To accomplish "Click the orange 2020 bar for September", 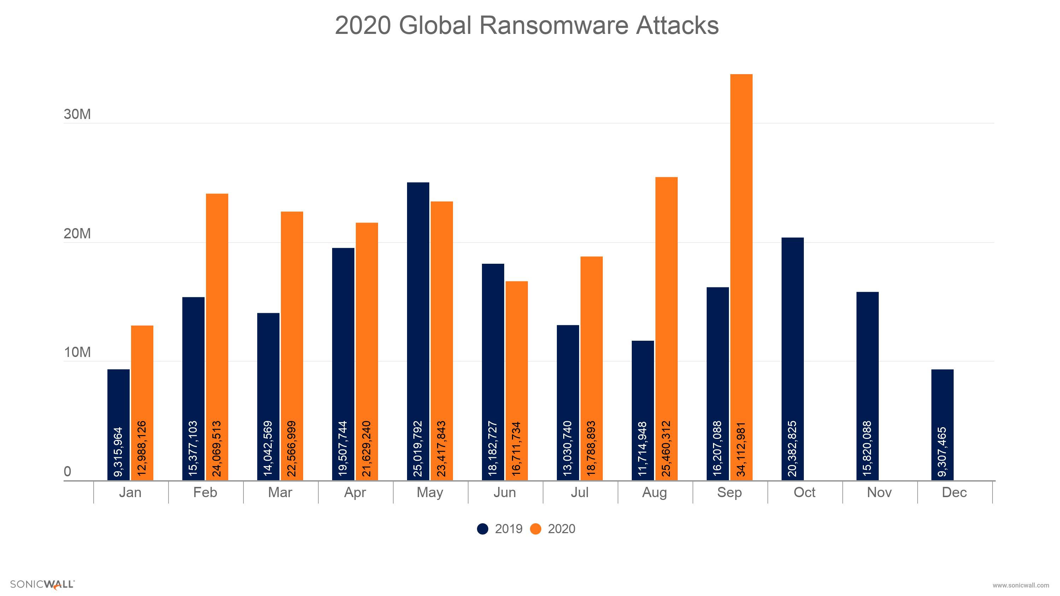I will click(741, 247).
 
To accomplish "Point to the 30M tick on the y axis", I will click(77, 114).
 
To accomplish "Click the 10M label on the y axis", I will click(77, 352).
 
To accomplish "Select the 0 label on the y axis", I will click(67, 471).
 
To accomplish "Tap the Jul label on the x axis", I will click(579, 492).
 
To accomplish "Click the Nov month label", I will click(879, 492).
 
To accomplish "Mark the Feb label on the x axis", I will click(205, 492).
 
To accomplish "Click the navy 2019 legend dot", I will click(482, 529).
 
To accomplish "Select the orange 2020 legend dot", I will click(535, 529).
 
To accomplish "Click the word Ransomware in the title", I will click(554, 25).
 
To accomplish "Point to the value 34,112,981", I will click(741, 449).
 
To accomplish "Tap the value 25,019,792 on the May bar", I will click(418, 448).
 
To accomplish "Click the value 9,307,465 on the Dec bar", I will click(942, 452).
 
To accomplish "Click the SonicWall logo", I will click(42, 584).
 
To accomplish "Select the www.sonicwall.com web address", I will click(1020, 585).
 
